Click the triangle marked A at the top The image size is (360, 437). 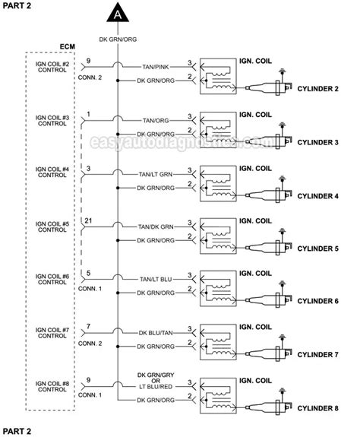pyautogui.click(x=118, y=13)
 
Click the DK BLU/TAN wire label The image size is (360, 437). pyautogui.click(x=156, y=331)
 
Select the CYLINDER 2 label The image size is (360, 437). pyautogui.click(x=317, y=89)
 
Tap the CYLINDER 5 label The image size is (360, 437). pyautogui.click(x=317, y=249)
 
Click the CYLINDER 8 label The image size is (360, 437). pyautogui.click(x=317, y=408)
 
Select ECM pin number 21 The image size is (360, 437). pyautogui.click(x=90, y=220)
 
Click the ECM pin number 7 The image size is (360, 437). pyautogui.click(x=90, y=327)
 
